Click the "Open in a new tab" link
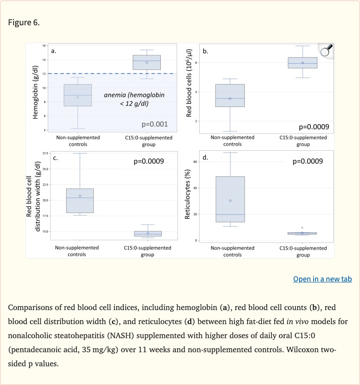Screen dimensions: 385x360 pos(322,279)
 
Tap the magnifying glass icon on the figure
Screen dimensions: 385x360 pos(326,50)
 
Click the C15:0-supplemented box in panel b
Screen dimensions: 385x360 pos(302,63)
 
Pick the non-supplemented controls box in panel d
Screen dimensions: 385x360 pos(230,199)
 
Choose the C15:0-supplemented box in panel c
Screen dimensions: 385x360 pos(148,233)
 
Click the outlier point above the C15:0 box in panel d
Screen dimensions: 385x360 pos(302,228)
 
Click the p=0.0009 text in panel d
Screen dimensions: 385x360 pos(307,162)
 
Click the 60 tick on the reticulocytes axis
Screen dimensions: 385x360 pos(195,161)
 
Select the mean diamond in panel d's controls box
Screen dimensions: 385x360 pos(230,200)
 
